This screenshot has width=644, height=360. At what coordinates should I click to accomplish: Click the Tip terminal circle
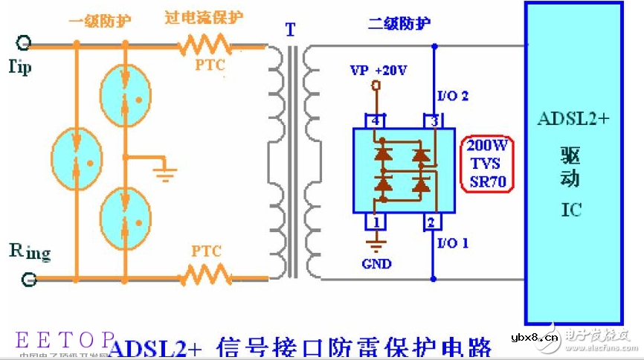(x=24, y=43)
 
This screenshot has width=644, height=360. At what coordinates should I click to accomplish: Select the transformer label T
(x=290, y=30)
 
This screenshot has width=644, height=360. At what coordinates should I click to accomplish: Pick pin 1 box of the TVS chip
(x=376, y=221)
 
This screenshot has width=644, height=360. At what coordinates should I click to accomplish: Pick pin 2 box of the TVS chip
(x=431, y=221)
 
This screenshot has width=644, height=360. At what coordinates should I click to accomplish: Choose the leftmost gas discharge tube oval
(x=77, y=158)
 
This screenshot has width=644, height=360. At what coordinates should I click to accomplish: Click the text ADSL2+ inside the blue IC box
(x=573, y=119)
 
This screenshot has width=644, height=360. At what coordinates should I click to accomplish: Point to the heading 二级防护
(x=399, y=23)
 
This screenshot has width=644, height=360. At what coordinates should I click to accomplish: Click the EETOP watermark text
(x=65, y=340)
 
